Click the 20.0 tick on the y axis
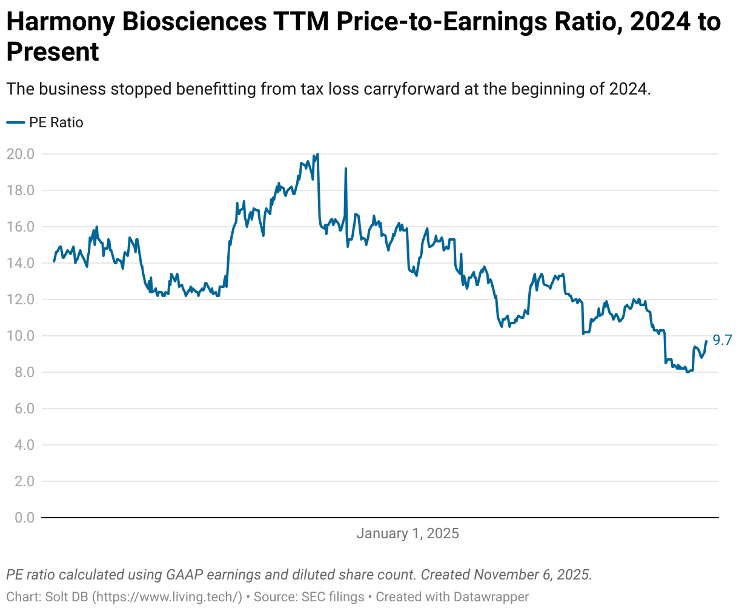20,154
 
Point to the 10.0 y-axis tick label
20,336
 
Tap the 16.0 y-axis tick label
20,227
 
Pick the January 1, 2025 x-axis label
407,534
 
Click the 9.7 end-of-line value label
722,340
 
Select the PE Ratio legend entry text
56,122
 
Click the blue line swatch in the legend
15,122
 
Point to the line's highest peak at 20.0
317,154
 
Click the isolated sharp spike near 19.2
346,169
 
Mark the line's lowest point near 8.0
687,372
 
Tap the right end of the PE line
706,341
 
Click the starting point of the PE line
54,261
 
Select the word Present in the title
53,52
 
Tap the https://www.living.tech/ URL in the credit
167,597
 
